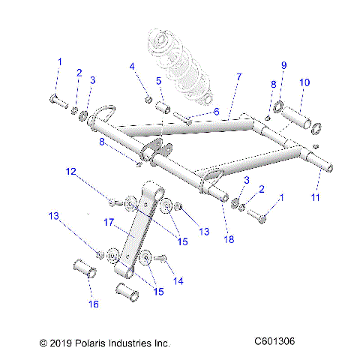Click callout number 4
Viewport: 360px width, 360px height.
pos(132,67)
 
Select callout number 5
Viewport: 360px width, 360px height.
pos(159,80)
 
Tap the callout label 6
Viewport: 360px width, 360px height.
pos(217,111)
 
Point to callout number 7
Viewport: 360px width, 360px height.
pos(238,77)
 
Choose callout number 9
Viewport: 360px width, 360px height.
pos(283,64)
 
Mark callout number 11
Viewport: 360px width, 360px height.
pos(315,197)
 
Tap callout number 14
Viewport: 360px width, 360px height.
pos(178,281)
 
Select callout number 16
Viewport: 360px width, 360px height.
pos(94,304)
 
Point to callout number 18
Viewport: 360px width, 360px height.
pos(229,239)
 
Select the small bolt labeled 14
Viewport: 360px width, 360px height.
pos(160,259)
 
